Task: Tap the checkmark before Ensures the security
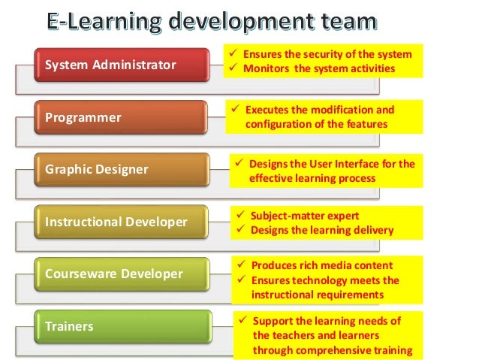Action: tap(233, 54)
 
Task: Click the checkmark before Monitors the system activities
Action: tap(233, 68)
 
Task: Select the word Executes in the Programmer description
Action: tap(270, 110)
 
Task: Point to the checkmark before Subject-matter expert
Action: tap(240, 216)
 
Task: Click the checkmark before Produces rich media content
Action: tap(240, 266)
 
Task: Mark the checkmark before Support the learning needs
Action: tap(243, 321)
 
